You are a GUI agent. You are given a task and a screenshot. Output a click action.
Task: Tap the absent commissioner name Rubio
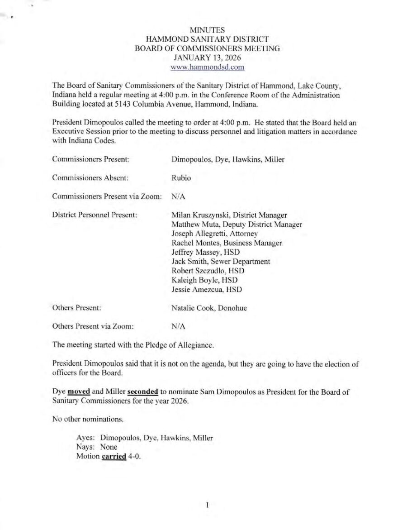click(181, 178)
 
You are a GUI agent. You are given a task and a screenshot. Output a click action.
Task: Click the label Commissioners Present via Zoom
click(107, 196)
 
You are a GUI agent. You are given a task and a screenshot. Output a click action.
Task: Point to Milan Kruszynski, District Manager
click(229, 215)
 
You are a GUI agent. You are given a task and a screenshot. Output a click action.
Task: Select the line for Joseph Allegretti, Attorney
click(214, 234)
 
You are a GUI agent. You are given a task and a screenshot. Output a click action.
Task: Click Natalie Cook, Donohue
click(209, 308)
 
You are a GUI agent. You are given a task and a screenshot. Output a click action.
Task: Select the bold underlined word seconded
click(143, 392)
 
